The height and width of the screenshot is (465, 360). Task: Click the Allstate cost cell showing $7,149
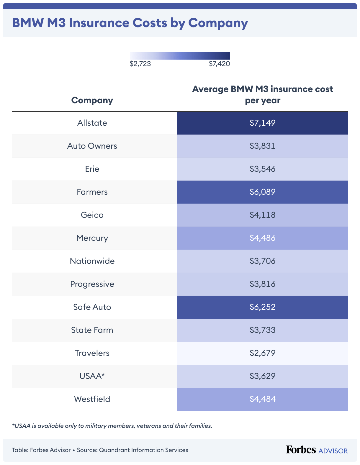(x=262, y=123)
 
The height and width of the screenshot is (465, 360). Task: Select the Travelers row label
(x=92, y=353)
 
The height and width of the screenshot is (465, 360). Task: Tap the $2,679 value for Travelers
(x=262, y=353)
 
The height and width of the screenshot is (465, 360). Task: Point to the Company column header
(x=92, y=100)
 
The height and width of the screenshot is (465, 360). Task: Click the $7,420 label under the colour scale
(x=219, y=64)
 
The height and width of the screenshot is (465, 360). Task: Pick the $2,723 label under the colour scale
(x=140, y=64)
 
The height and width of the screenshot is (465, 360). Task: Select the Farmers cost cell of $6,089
(x=262, y=192)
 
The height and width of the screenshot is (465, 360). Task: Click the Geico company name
(x=92, y=215)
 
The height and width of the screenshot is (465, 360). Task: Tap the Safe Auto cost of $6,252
(x=262, y=307)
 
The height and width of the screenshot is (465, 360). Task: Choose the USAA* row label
(x=92, y=376)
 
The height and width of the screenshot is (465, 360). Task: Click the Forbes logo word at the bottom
(x=301, y=450)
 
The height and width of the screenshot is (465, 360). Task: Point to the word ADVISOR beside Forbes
(x=333, y=451)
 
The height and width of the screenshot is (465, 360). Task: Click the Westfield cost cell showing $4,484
(x=262, y=399)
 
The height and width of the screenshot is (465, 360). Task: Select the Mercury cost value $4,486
(x=262, y=238)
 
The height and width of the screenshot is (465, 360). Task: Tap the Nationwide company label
(x=92, y=261)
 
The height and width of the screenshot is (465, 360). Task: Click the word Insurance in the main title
(x=118, y=23)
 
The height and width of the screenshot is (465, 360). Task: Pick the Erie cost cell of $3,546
(x=262, y=169)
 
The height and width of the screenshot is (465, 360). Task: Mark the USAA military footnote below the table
(x=112, y=426)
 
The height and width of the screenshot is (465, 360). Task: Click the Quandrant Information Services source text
(x=143, y=450)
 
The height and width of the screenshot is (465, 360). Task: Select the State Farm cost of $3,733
(x=262, y=330)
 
